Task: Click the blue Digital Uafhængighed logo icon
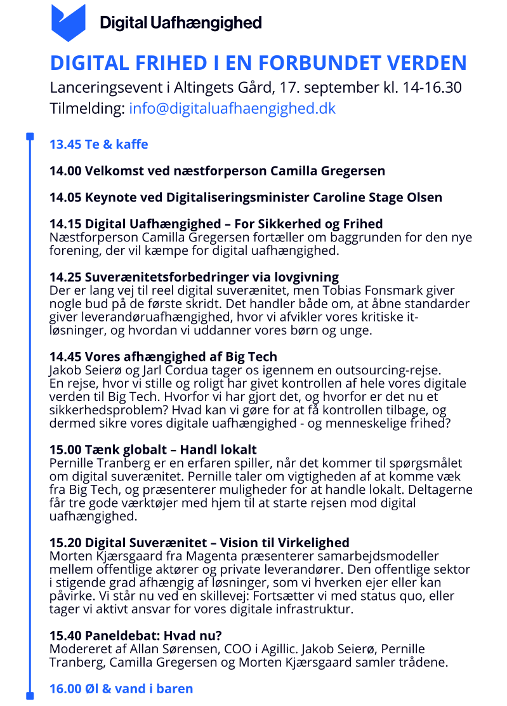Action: coord(68,22)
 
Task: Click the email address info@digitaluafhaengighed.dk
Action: coord(232,109)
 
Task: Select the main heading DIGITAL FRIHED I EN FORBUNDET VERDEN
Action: coord(258,64)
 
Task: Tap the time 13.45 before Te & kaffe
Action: coord(65,144)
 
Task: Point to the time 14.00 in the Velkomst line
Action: coord(65,171)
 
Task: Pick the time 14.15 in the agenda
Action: coord(65,224)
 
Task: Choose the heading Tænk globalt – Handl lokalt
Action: coord(171,450)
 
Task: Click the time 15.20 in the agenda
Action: coord(65,543)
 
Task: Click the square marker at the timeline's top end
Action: coord(29,136)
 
